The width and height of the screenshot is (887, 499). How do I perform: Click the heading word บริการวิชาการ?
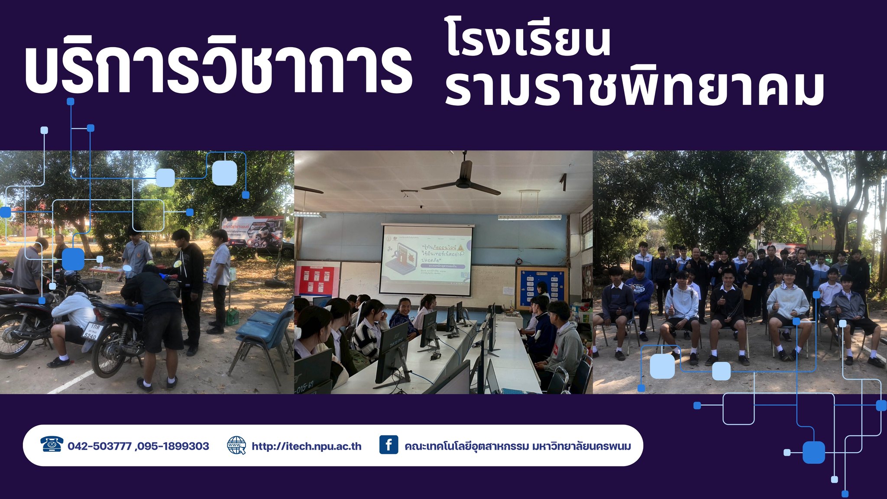tap(219, 69)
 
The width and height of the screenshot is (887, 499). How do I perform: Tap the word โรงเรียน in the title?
tap(528, 41)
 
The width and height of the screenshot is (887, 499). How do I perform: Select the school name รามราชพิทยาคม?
tap(634, 89)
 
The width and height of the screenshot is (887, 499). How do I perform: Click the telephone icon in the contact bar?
tap(52, 445)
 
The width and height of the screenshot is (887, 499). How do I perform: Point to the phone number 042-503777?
tap(100, 446)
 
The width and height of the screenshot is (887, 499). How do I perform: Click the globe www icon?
tap(236, 445)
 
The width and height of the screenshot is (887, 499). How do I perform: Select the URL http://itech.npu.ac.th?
tap(307, 446)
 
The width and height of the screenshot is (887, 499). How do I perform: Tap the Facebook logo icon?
tap(388, 445)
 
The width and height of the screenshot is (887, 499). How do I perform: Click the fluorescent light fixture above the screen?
tap(529, 217)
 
